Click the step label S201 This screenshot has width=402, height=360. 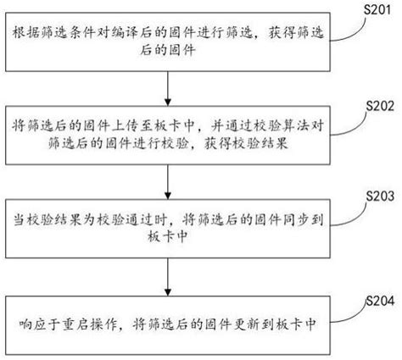tap(377, 9)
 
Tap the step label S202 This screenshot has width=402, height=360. tap(380, 106)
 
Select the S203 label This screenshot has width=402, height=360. tap(380, 196)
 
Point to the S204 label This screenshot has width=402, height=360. tap(380, 301)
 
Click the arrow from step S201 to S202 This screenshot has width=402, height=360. tap(168, 88)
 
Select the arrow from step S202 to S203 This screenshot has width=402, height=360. tap(168, 182)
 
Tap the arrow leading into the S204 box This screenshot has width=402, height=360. tap(168, 277)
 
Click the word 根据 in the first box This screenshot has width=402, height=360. tap(26, 33)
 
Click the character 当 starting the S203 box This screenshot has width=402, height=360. tap(20, 219)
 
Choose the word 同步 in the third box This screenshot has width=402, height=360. tap(295, 219)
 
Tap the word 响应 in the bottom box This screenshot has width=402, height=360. tap(33, 324)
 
